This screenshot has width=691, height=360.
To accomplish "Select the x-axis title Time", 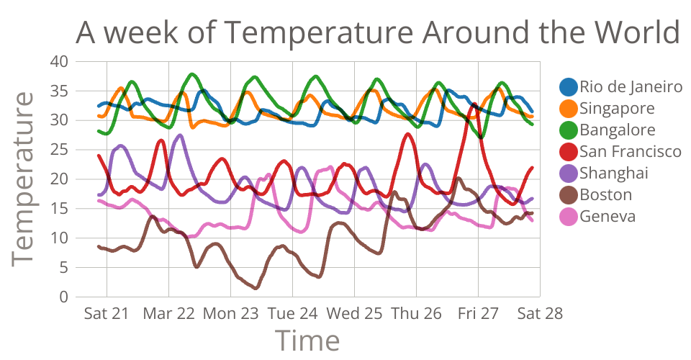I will pos(307,339).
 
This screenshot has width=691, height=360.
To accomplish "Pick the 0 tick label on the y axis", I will pos(63,297).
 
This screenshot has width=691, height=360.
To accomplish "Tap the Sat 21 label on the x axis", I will pos(107,313).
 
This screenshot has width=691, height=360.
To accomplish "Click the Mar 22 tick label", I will pos(168,313).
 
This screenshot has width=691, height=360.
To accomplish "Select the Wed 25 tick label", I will pos(354,313).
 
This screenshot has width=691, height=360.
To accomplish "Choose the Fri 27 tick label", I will pos(478,313).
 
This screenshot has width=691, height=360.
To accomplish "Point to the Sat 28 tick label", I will pos(540,313).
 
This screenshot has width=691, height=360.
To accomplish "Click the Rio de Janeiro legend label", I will pos(631,87).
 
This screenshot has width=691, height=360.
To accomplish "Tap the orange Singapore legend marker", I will pos(569,109).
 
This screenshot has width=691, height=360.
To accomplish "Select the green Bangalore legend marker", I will pos(569,130).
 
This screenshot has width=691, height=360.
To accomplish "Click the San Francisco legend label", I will pos(630,152).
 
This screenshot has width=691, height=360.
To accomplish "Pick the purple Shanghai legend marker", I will pos(569,174).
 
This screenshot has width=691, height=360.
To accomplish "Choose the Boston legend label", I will pos(605,195).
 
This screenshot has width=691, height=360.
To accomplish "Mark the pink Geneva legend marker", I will pos(569,217).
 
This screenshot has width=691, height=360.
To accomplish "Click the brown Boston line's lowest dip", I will pos(256,288).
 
